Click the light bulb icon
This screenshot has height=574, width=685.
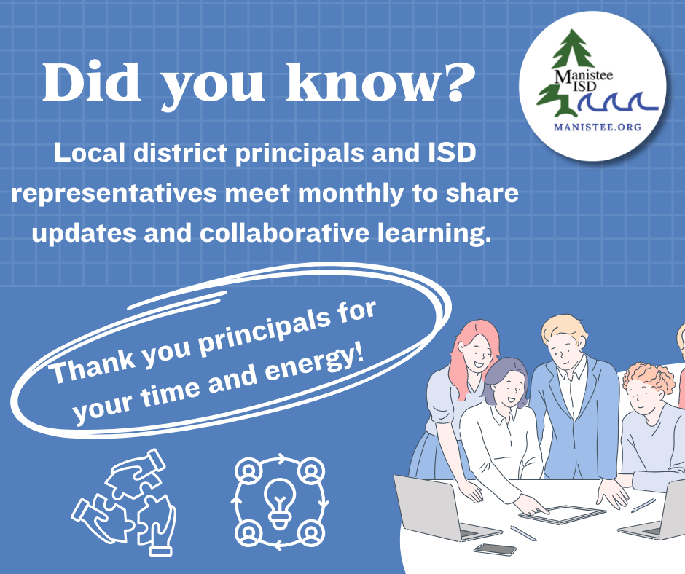click(279, 503)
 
